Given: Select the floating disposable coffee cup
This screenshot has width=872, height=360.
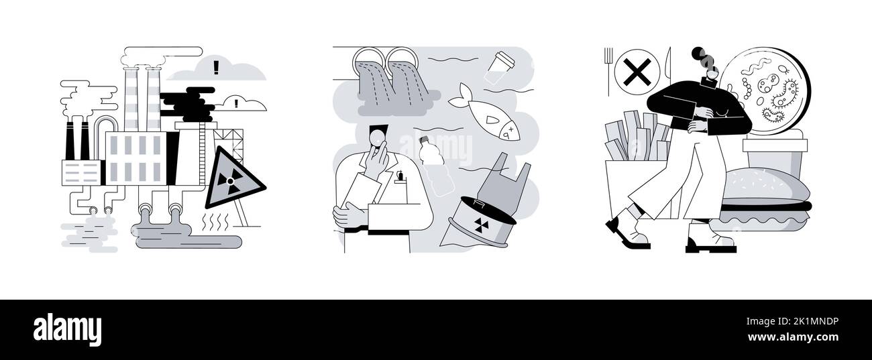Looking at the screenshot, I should click(x=503, y=66).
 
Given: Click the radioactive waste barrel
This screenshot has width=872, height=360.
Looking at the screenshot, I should click(x=479, y=219).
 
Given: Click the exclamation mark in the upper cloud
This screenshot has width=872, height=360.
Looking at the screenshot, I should click(x=216, y=66).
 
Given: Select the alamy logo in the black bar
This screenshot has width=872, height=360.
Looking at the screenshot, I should click(x=67, y=329).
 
